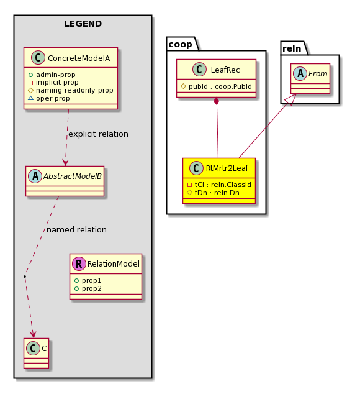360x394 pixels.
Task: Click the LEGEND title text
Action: [x=83, y=24]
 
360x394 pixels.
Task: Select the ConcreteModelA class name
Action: [x=79, y=58]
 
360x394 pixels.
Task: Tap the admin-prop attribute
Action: [x=55, y=75]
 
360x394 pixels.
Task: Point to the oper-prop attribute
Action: [x=53, y=98]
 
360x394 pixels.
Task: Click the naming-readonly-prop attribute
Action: [x=74, y=90]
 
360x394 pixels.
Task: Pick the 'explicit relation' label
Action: [x=98, y=134]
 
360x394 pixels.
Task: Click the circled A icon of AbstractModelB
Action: [x=35, y=176]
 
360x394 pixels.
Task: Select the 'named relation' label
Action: [x=76, y=230]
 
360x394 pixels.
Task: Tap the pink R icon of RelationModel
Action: [x=79, y=264]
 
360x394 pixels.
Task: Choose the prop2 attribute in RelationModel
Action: [x=92, y=288]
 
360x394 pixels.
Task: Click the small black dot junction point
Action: [x=25, y=277]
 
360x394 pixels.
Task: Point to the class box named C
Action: [x=37, y=353]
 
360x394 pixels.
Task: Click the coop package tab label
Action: [x=180, y=44]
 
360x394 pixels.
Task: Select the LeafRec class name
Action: [x=225, y=70]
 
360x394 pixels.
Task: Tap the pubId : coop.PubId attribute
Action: [x=220, y=86]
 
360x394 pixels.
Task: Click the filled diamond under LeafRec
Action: [x=216, y=101]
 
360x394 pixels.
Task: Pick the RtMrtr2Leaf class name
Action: [x=227, y=168]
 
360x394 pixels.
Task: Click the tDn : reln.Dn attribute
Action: [x=217, y=193]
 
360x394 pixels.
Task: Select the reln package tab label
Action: [x=292, y=48]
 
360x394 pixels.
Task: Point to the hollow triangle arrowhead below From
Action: [x=290, y=99]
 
